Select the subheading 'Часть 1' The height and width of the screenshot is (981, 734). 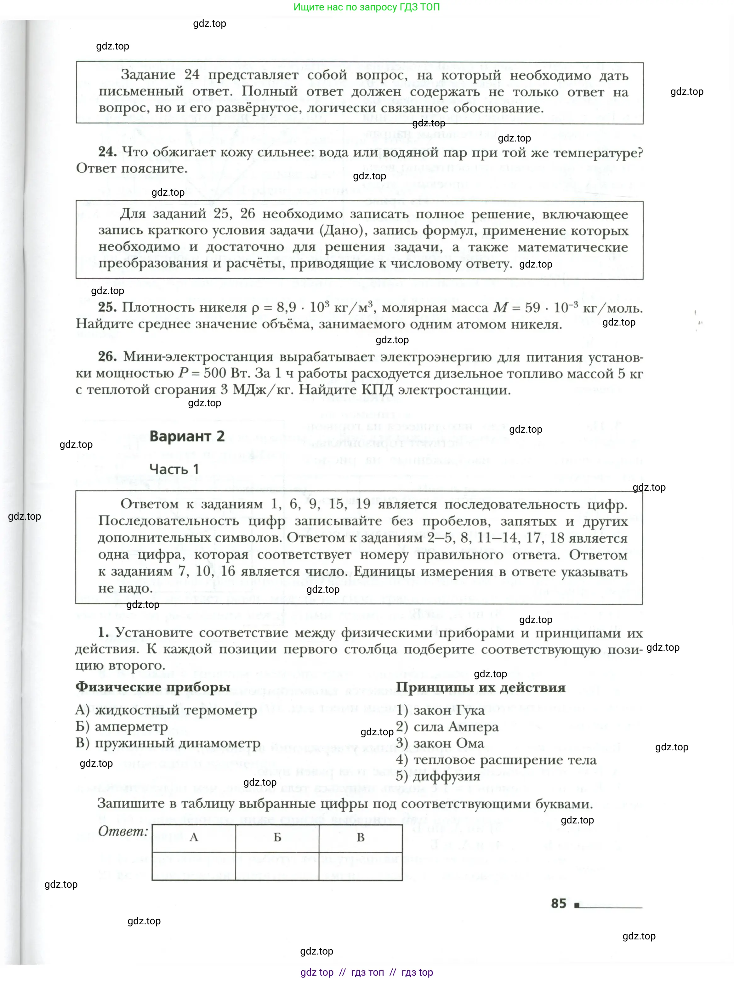tap(174, 469)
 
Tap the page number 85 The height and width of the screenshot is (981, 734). tap(559, 903)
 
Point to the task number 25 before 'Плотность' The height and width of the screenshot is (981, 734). tap(107, 307)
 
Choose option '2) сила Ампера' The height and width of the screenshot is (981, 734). tap(447, 727)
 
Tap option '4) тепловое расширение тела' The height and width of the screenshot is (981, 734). tap(496, 760)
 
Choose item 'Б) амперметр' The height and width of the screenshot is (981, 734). tap(122, 727)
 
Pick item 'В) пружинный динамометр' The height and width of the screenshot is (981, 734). tap(168, 743)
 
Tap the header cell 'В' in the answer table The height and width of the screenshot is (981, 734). tap(360, 837)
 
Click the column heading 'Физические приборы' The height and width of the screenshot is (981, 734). tap(153, 687)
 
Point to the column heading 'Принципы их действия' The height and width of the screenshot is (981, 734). tap(481, 687)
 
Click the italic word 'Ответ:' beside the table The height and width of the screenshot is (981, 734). tap(123, 831)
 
